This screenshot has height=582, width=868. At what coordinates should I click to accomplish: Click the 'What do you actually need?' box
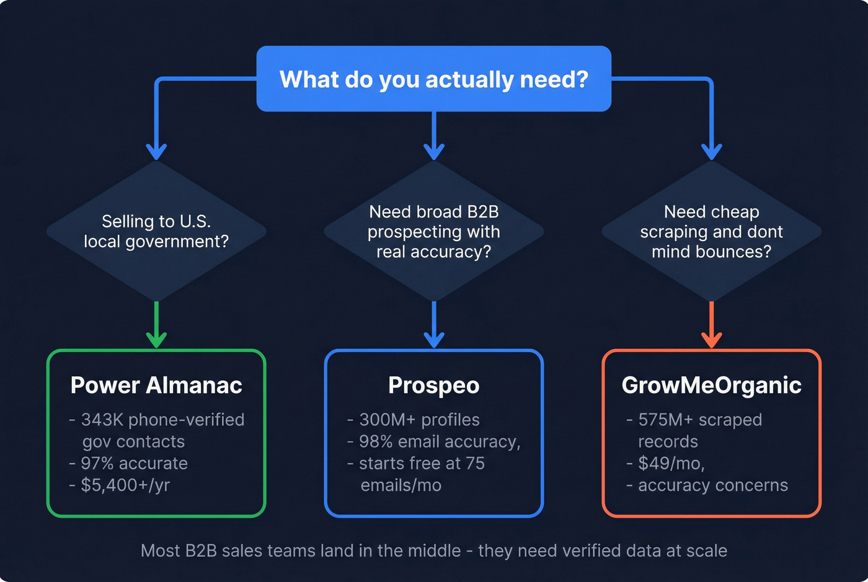[434, 79]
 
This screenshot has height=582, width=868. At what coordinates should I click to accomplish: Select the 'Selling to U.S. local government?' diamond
[156, 231]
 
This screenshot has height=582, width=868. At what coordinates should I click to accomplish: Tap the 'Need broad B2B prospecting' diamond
[434, 231]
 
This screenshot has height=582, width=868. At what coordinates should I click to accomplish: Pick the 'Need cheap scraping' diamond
[711, 231]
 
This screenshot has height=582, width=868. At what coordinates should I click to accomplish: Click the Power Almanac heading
[156, 385]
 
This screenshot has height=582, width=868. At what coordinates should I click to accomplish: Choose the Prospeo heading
[434, 385]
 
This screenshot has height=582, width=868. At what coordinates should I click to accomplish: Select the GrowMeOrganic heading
[711, 385]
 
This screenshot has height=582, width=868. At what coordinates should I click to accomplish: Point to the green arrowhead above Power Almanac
[156, 340]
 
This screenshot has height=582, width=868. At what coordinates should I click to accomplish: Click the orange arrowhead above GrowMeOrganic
[711, 340]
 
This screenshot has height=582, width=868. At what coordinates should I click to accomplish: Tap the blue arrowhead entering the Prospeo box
[434, 340]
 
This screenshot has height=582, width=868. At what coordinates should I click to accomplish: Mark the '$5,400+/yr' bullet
[125, 485]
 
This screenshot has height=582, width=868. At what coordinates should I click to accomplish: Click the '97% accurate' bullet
[134, 463]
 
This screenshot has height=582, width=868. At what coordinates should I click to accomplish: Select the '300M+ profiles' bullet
[419, 420]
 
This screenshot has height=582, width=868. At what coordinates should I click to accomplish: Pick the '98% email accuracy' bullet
[439, 441]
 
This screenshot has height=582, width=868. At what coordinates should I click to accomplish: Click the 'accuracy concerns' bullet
[712, 485]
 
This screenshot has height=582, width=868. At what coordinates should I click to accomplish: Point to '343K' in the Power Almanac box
[102, 420]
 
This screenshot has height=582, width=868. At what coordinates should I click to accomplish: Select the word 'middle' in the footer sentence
[433, 550]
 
